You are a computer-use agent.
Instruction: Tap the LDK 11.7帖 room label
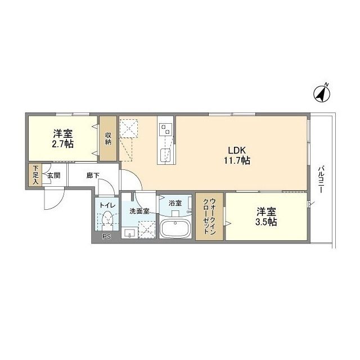point(239,155)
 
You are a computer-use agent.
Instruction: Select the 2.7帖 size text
point(63,144)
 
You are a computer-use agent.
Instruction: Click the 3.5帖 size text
point(267,222)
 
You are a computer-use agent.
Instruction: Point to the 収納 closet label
point(108,138)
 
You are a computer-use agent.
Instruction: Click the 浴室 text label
point(175,202)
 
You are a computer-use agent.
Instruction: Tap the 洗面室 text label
point(139,211)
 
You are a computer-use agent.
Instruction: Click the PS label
point(106,237)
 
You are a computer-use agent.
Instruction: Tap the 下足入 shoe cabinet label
point(35,175)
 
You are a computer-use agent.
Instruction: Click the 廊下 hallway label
point(92,175)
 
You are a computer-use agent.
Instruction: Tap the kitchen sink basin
point(166,155)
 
